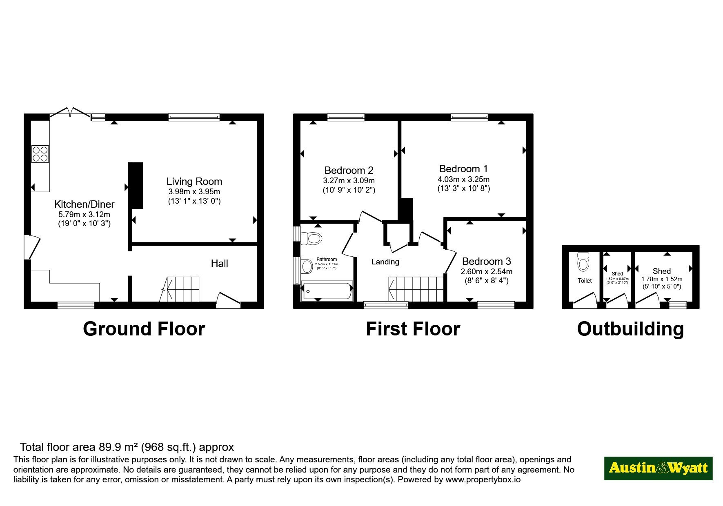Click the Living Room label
(194, 182)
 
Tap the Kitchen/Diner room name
(85, 204)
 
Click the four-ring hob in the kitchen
(40, 154)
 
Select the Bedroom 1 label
(463, 169)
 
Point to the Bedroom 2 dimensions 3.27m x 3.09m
(349, 180)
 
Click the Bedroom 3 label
(486, 261)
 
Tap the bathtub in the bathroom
(327, 291)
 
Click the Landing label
(385, 262)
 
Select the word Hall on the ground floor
(219, 263)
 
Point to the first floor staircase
(416, 289)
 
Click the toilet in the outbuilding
(583, 262)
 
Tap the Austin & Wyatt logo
(658, 468)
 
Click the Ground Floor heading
(144, 329)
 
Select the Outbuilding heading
(630, 329)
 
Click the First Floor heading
(413, 329)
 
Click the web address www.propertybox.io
(483, 479)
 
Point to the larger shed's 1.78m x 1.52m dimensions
(662, 279)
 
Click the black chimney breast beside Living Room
(136, 186)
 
